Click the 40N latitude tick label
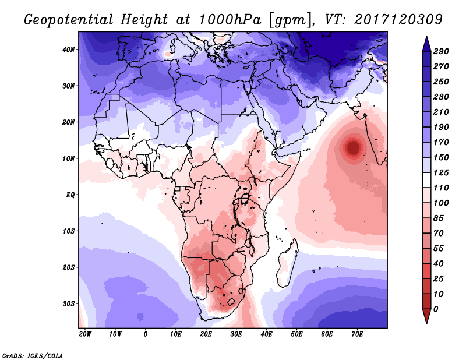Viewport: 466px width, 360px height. click(69, 50)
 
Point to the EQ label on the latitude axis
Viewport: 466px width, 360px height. click(70, 195)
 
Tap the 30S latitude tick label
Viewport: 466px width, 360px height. click(69, 303)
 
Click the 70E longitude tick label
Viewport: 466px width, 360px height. click(357, 334)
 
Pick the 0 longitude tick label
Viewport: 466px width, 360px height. click(145, 334)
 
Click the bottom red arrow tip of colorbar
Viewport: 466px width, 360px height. click(426, 320)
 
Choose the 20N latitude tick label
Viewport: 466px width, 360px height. click(69, 122)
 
